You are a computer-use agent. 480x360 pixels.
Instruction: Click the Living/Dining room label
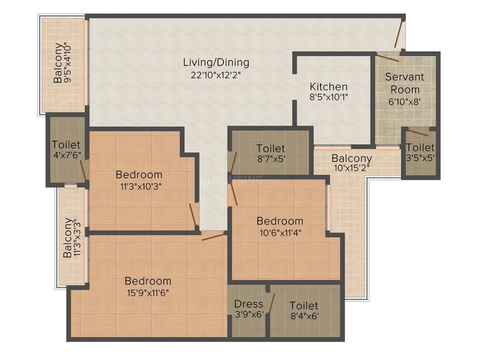(216, 62)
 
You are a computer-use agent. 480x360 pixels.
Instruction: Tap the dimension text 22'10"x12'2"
(216, 75)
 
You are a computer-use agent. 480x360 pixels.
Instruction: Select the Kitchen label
(329, 86)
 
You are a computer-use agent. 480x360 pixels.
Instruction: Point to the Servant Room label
(405, 83)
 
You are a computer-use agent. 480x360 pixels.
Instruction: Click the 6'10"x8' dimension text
(404, 102)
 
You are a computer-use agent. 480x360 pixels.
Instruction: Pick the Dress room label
(249, 304)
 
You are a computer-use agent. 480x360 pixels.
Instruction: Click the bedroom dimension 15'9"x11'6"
(148, 293)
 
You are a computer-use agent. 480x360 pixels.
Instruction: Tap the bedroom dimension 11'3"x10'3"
(141, 187)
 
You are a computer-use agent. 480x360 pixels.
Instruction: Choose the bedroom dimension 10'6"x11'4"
(281, 233)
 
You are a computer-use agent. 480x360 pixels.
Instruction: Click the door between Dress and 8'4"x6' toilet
(271, 303)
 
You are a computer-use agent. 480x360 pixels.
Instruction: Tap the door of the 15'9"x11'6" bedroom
(214, 236)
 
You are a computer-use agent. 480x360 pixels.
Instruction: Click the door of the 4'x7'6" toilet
(83, 170)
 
